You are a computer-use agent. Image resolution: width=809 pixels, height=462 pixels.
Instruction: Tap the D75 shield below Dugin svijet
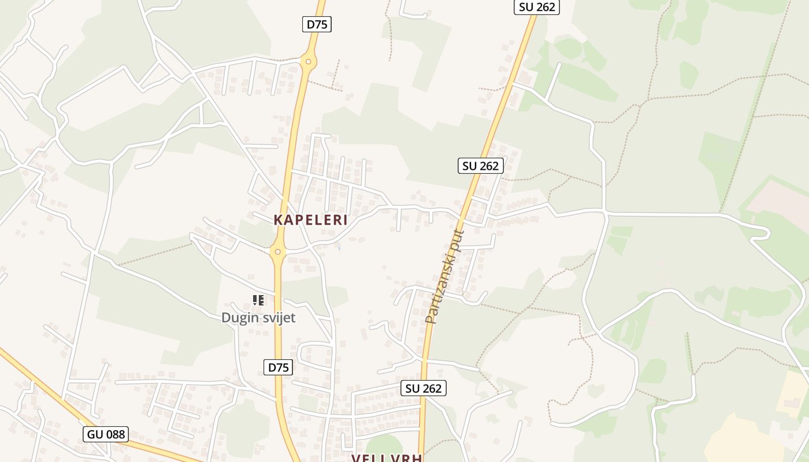click(x=278, y=367)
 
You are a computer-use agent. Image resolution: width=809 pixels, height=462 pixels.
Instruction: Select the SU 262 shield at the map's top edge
click(x=537, y=7)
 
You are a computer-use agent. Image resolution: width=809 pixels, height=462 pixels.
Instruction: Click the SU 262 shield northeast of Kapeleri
click(x=481, y=166)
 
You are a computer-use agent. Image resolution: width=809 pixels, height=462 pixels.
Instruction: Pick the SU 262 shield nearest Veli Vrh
click(x=424, y=388)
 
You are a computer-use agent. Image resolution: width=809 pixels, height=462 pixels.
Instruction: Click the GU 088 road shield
click(x=106, y=434)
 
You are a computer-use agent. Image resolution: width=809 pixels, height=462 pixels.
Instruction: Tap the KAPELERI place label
click(x=310, y=220)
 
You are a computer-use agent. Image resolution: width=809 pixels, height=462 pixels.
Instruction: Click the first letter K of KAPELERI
click(x=278, y=220)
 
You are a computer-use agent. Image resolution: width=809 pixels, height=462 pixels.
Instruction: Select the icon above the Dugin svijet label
click(x=258, y=300)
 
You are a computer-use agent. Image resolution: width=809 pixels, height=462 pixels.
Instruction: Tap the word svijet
click(x=278, y=318)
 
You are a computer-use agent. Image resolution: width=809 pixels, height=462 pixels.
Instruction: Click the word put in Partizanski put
click(x=458, y=239)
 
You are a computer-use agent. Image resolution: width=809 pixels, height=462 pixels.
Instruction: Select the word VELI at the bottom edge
click(x=369, y=458)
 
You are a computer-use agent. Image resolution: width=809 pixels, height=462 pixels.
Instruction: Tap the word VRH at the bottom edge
click(x=406, y=458)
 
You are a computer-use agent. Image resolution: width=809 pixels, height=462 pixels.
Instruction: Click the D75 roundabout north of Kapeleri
click(x=309, y=61)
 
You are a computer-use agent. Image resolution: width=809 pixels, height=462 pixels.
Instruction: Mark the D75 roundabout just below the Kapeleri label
click(x=278, y=252)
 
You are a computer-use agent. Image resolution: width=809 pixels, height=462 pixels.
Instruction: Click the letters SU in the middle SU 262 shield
click(x=469, y=166)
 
